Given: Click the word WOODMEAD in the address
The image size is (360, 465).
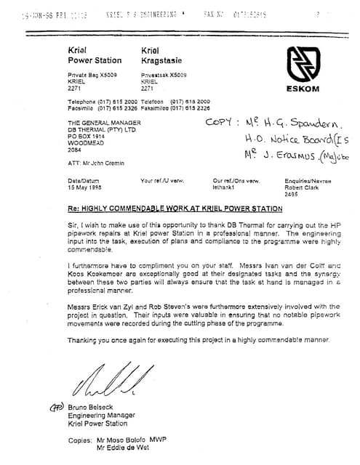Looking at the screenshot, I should [86, 142].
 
